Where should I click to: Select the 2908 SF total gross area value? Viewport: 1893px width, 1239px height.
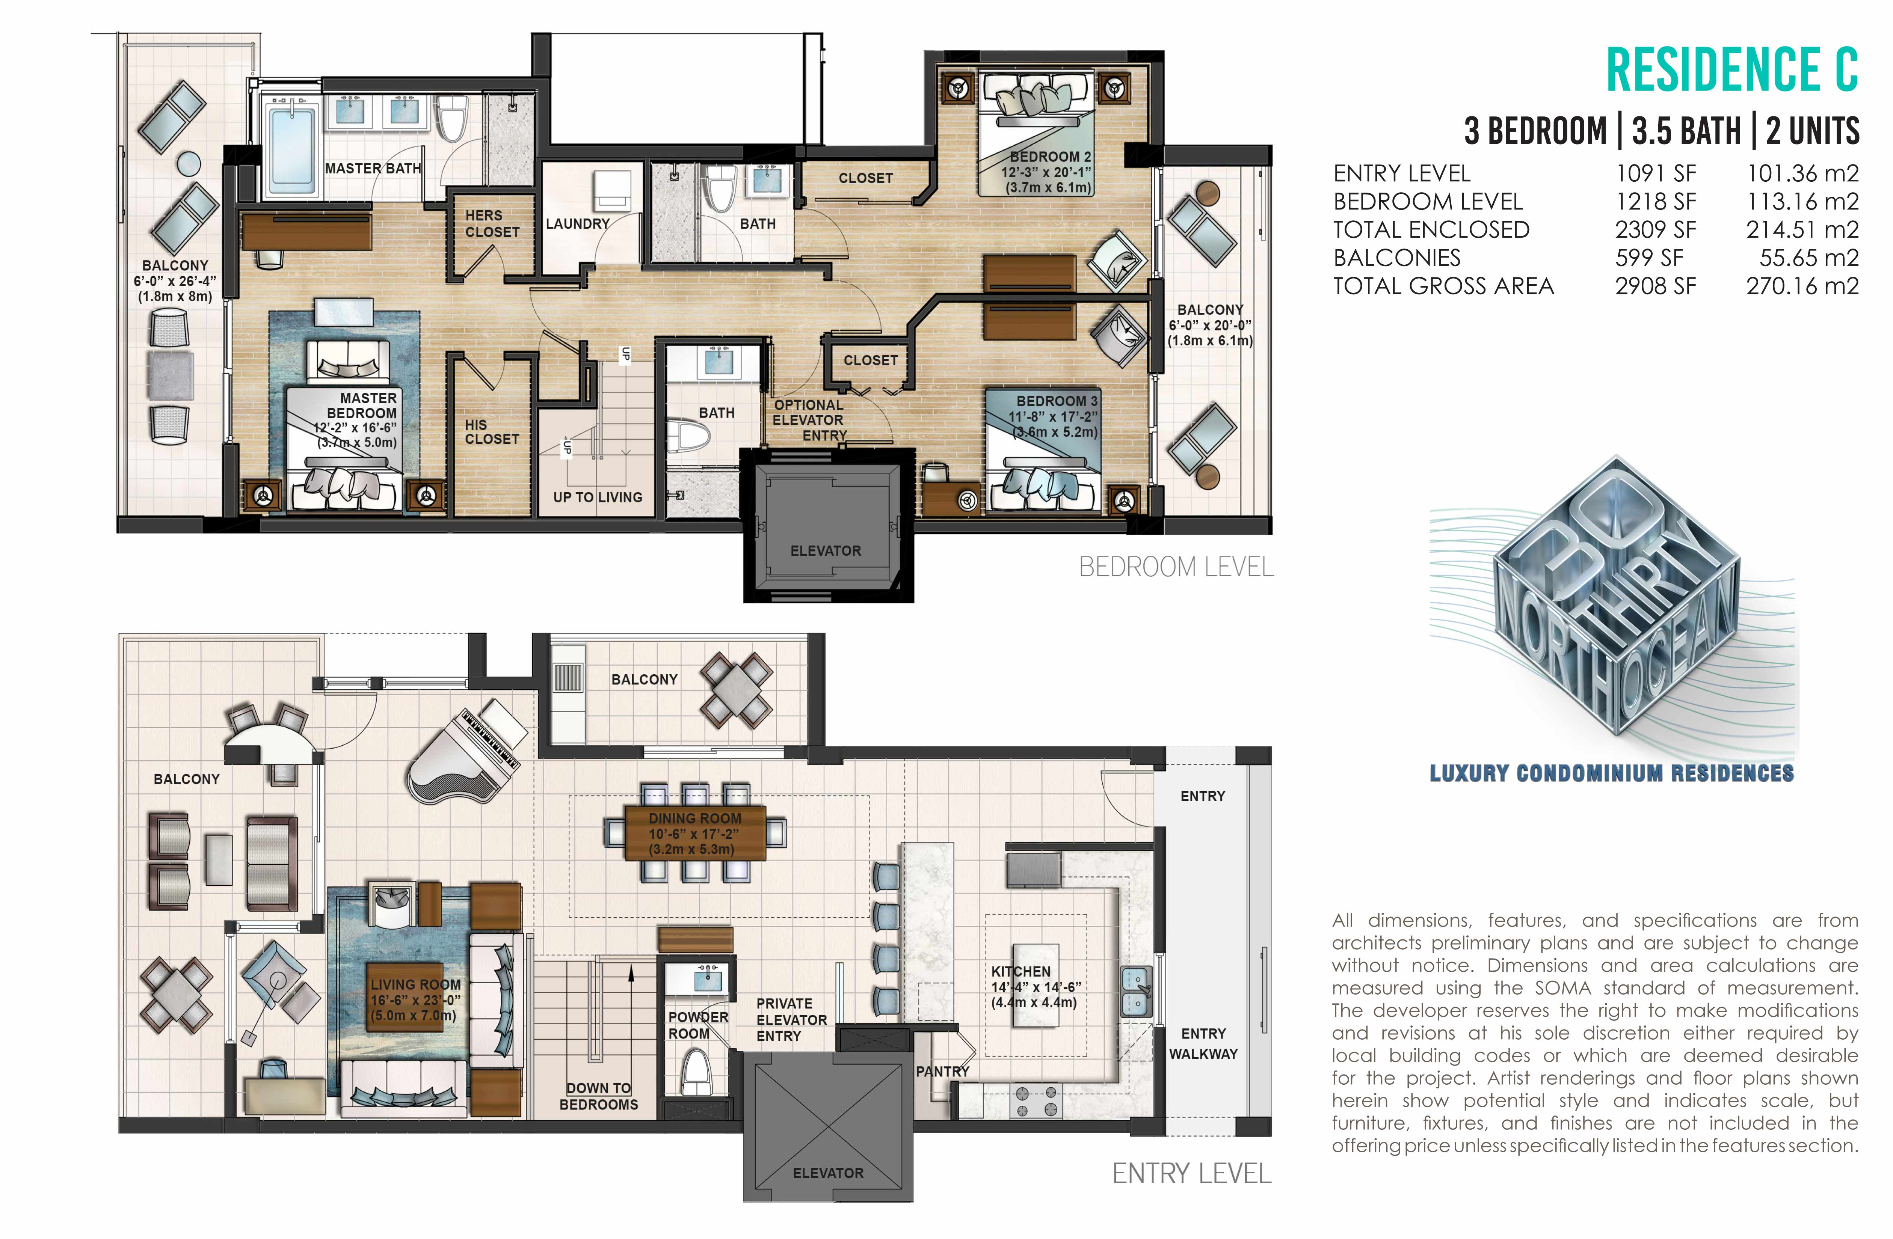coord(1655,285)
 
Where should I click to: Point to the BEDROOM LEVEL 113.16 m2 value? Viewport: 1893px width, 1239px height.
coord(1802,201)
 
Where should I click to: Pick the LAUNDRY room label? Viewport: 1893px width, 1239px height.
coord(577,224)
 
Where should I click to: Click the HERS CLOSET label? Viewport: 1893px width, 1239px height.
coord(492,223)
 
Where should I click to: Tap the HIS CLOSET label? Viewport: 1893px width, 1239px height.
coord(492,432)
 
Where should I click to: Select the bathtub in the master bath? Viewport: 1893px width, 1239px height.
coord(293,151)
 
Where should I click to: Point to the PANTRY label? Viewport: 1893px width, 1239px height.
coord(942,1071)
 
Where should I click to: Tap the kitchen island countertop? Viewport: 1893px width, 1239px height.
coord(1036,986)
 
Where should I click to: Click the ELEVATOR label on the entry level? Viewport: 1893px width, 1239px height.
coord(828,1173)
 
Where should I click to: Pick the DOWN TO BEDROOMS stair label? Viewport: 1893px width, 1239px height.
coord(599,1096)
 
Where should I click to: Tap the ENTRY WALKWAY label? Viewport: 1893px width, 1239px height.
coord(1203,1043)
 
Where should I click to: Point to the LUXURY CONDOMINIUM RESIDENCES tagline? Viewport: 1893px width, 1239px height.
coord(1611,773)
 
